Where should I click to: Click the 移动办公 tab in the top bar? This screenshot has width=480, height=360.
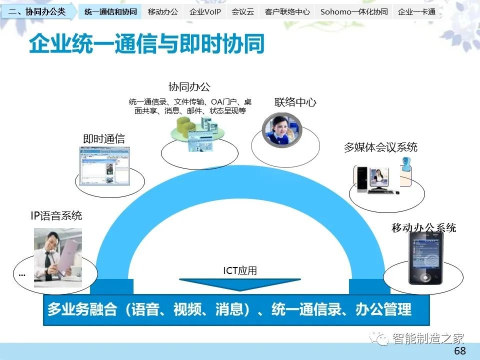tap(162, 12)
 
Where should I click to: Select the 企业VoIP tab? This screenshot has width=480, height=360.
tap(205, 12)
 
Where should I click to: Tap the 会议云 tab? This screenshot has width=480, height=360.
tap(242, 12)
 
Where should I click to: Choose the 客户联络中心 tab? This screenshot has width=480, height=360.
tap(287, 12)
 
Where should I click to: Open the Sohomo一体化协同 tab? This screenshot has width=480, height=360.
tap(354, 12)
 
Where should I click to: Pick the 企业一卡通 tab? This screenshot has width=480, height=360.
tap(416, 12)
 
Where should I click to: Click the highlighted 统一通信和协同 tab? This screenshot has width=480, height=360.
tap(110, 12)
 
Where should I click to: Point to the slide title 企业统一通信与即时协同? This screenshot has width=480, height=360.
tap(146, 44)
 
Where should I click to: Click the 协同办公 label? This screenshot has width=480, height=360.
tap(189, 87)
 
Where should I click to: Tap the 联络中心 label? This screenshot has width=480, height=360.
tap(295, 102)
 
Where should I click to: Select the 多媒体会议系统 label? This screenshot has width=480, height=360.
tap(380, 147)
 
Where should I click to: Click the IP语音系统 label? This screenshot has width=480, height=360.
tap(56, 216)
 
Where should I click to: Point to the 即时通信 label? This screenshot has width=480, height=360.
tap(104, 139)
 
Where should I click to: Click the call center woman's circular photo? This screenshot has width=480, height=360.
tap(282, 130)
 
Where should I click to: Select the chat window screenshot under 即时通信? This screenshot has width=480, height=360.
tap(104, 166)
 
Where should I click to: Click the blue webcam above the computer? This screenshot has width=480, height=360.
tap(406, 164)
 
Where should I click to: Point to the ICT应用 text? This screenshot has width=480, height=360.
tap(240, 270)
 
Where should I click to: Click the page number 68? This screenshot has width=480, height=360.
tap(460, 351)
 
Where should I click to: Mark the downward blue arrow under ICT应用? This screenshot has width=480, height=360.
tap(240, 284)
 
